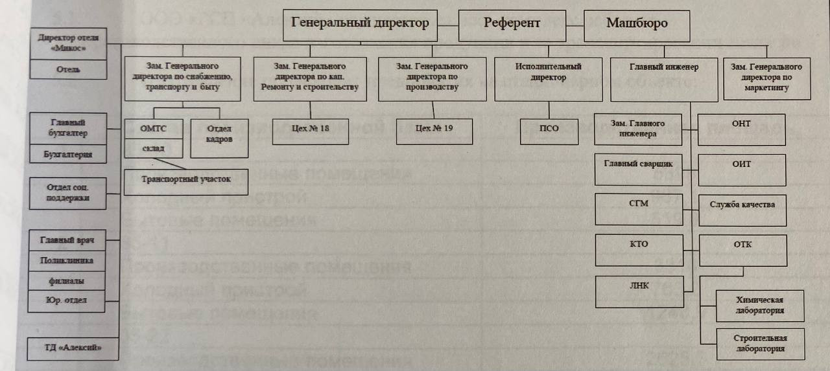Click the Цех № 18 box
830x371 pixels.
point(310,129)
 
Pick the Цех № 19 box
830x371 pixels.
point(434,129)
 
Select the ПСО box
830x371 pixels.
point(549,129)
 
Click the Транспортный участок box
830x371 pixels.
point(186,179)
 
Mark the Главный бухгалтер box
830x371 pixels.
point(68,128)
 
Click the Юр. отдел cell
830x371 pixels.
point(68,300)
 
